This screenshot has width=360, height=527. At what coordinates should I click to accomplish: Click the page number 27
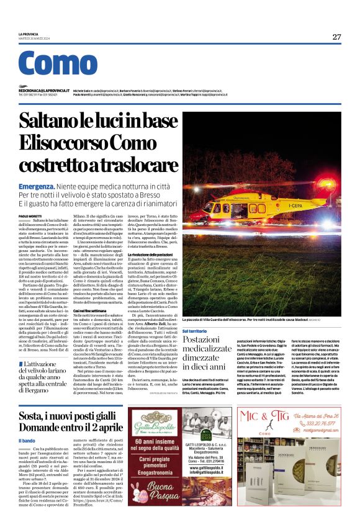pos(336,37)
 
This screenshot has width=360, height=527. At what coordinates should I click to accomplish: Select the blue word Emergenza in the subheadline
pos(36,186)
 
